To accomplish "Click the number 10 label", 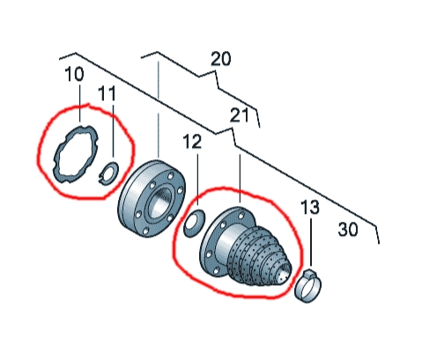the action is [x=74, y=74].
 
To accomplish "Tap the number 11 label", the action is [x=107, y=93].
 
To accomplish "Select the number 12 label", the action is [x=192, y=142].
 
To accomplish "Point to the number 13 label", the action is [x=310, y=207].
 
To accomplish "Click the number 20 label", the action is [x=221, y=59].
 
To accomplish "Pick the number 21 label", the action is [x=239, y=115].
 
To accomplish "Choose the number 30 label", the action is [x=348, y=229].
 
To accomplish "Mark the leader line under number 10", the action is [x=80, y=103].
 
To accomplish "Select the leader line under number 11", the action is [x=113, y=130].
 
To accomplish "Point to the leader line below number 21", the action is [x=240, y=179].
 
